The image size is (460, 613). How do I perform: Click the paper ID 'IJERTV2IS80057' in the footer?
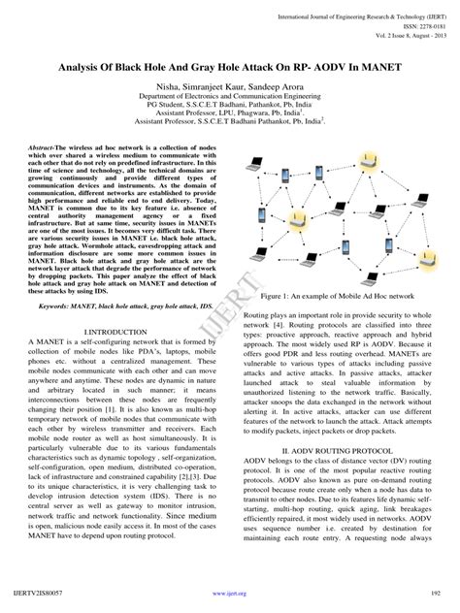pyautogui.click(x=38, y=589)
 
